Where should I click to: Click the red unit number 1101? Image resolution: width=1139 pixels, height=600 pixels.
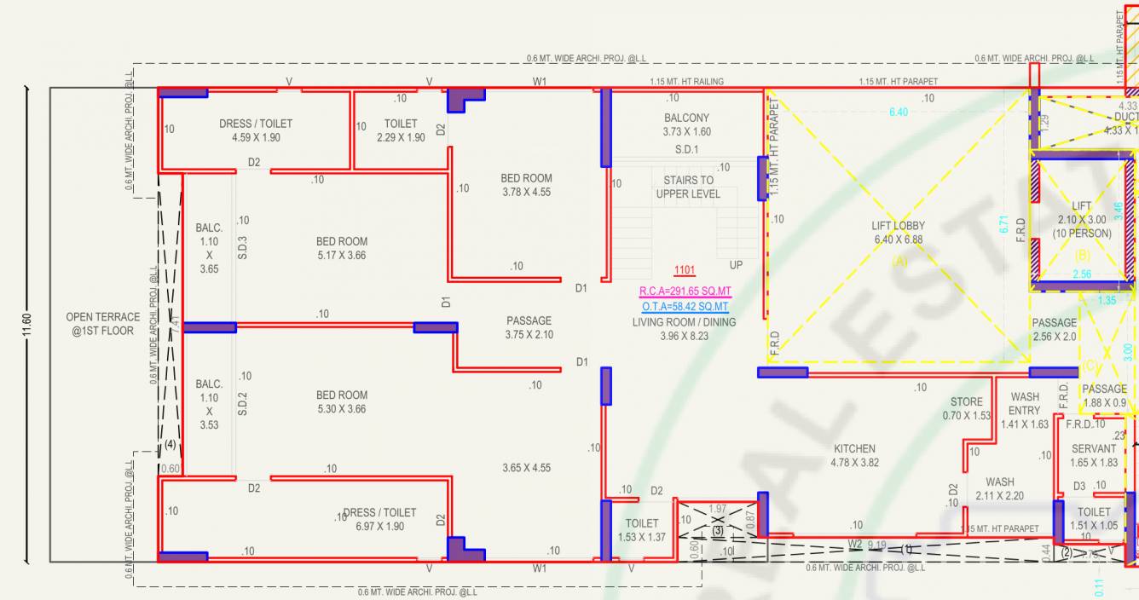click(685, 271)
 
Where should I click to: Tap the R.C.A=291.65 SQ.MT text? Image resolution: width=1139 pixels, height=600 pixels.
click(685, 291)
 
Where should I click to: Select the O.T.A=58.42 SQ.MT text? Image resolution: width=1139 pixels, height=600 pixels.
click(685, 307)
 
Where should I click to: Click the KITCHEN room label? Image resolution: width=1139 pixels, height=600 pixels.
click(854, 449)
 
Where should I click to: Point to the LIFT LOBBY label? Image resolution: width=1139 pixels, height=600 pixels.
click(898, 226)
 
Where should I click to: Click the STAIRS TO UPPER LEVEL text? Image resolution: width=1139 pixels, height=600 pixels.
click(688, 187)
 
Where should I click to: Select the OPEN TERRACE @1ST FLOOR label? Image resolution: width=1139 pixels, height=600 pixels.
click(101, 324)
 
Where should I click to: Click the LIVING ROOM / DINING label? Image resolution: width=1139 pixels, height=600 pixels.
click(684, 322)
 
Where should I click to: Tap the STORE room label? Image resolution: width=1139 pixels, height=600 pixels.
click(967, 401)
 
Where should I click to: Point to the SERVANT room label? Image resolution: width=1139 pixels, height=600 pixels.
click(1094, 448)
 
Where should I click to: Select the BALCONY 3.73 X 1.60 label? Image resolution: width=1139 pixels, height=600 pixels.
click(686, 125)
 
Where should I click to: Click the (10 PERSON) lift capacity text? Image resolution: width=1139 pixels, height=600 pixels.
click(1081, 234)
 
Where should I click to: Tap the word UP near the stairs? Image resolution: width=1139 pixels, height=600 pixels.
click(736, 265)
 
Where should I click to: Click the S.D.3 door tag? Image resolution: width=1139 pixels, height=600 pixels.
click(243, 248)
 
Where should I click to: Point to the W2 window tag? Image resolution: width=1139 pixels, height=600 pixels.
click(855, 543)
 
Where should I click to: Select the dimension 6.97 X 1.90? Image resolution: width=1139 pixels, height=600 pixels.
click(380, 527)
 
